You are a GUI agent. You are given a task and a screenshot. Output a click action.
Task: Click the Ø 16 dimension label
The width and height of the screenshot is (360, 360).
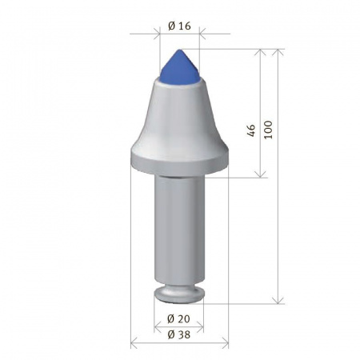pos(180,26)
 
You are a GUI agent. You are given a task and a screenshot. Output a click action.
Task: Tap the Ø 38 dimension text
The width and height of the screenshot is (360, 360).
pos(180,335)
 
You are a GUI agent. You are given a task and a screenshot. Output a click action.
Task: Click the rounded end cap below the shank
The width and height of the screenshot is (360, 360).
pos(179,294)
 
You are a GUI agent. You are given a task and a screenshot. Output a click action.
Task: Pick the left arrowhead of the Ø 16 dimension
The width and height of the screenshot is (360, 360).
pos(154,35)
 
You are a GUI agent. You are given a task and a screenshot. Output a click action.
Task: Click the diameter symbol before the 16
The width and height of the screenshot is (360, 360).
pos(173,26)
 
